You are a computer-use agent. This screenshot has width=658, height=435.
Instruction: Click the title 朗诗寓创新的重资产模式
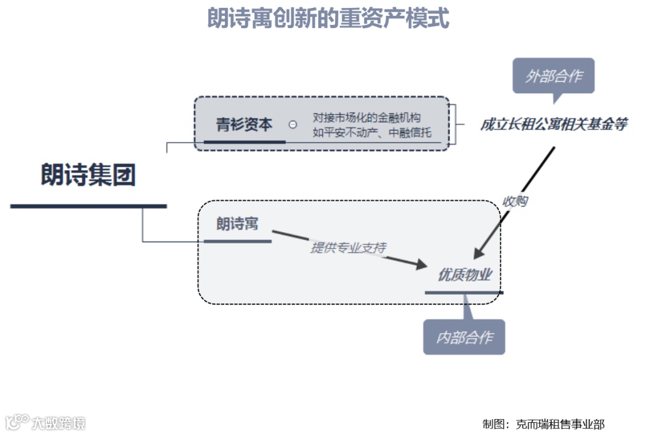tap(328, 19)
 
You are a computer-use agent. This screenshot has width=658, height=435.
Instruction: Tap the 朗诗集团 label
tap(88, 175)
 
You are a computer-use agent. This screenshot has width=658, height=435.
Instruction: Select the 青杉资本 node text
tap(244, 125)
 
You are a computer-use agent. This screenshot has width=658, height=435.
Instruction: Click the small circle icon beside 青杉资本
tap(293, 124)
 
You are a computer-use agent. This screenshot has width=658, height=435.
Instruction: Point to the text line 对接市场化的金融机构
tap(367, 118)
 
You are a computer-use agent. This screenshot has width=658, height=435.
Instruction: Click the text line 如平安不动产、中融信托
tap(372, 132)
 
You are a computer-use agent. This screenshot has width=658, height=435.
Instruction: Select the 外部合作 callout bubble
tap(553, 76)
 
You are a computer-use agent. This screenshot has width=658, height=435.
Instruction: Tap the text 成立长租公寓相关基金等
tap(553, 125)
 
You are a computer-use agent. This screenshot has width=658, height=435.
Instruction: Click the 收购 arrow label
tap(514, 201)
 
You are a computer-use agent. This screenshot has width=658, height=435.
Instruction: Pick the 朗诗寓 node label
tap(237, 224)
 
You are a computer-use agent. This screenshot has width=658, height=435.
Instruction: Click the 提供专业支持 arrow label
tap(348, 247)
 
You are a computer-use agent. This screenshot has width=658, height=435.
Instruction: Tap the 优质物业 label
tap(465, 275)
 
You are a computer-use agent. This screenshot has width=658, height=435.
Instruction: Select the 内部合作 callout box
tap(464, 338)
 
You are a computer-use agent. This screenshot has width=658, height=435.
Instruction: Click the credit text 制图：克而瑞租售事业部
tap(543, 424)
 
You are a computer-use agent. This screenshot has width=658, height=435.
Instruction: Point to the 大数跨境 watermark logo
tap(46, 422)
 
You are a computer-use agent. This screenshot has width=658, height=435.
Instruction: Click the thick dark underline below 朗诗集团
tap(88, 207)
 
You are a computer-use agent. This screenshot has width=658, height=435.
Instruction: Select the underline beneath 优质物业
tap(464, 292)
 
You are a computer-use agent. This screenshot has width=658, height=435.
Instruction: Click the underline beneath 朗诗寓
tap(237, 241)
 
